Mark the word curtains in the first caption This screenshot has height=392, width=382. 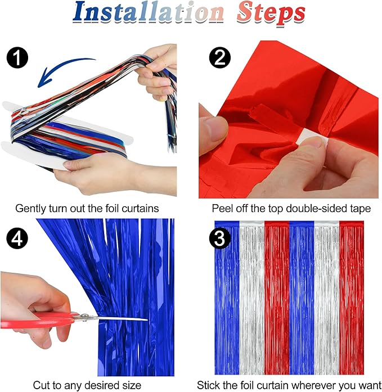(x=140, y=209)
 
